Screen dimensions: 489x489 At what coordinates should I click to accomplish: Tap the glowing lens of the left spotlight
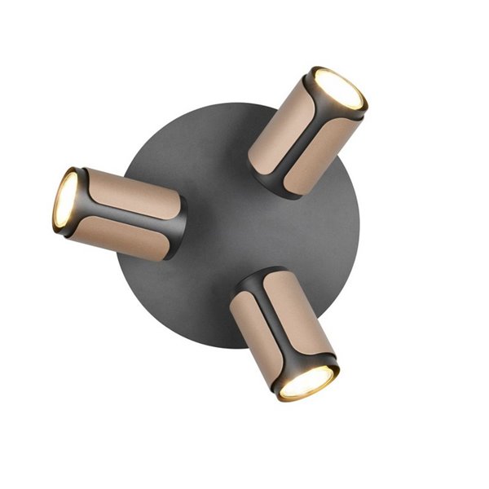click(65, 200)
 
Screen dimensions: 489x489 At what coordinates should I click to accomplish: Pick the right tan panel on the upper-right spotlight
click(321, 152)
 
